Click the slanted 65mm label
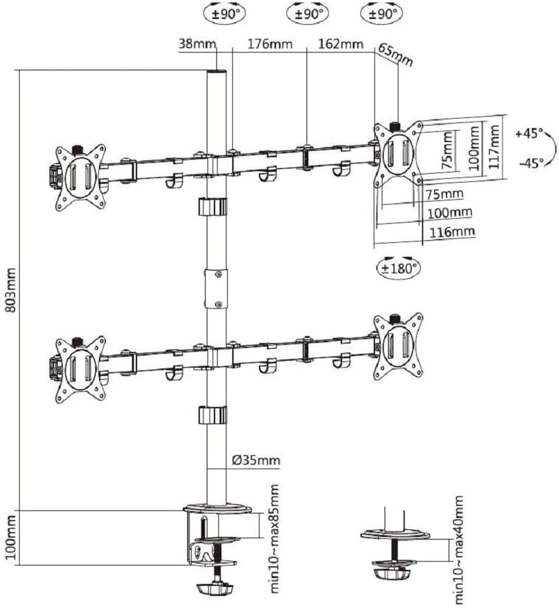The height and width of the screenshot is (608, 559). point(395,55)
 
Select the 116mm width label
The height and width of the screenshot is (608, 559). point(452,231)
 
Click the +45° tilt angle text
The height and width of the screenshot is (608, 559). point(529,134)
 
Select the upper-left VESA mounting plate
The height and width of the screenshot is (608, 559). point(79,177)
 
